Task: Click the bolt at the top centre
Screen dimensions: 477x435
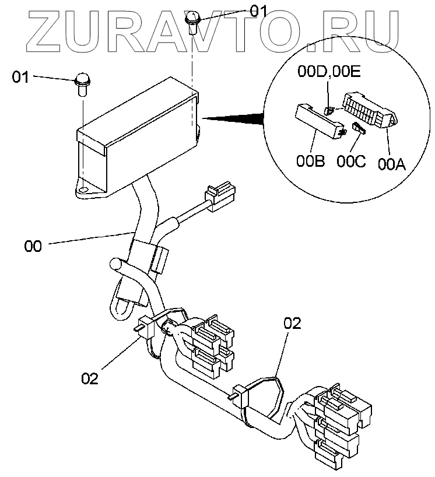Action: click(192, 21)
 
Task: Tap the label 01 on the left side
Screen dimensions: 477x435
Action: click(21, 77)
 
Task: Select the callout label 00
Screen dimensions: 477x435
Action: click(33, 246)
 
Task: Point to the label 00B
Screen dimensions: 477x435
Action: click(310, 162)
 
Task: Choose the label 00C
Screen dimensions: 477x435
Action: click(352, 162)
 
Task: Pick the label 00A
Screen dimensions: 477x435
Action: click(391, 164)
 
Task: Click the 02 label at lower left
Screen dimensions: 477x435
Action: click(90, 378)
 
